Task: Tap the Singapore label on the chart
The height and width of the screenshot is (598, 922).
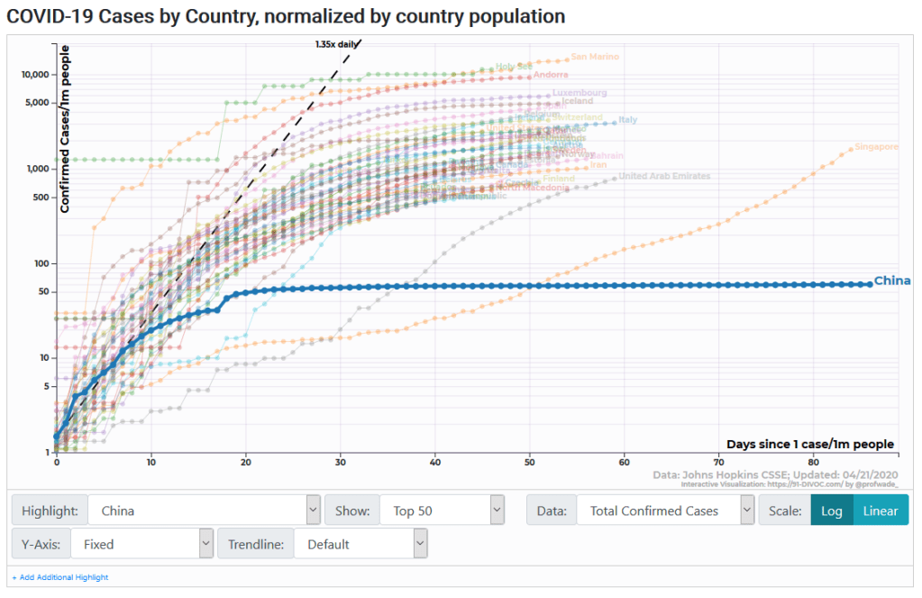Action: click(876, 147)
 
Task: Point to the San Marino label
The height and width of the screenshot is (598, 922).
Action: click(595, 57)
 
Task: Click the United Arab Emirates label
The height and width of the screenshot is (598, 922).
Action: click(665, 176)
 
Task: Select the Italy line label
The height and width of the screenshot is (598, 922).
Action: click(628, 120)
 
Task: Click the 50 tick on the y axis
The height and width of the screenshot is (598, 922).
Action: click(41, 291)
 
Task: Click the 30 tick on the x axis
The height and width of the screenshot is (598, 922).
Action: click(340, 462)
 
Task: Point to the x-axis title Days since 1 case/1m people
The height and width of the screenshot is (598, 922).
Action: click(810, 444)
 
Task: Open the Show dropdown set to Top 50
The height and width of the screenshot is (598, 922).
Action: click(442, 511)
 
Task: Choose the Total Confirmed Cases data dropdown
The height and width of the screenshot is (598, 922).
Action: click(664, 511)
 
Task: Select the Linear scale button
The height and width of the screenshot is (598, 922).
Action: click(880, 511)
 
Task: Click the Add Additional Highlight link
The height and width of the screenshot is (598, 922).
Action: click(59, 577)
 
